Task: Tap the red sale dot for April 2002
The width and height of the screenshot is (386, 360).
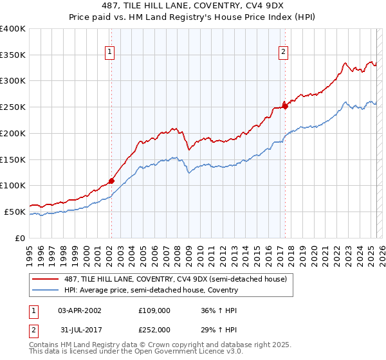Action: pyautogui.click(x=111, y=181)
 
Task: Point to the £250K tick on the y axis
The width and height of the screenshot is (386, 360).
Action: pyautogui.click(x=13, y=107)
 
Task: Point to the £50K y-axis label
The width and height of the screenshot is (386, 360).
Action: pyautogui.click(x=14, y=212)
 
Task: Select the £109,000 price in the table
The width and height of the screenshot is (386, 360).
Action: pyautogui.click(x=154, y=310)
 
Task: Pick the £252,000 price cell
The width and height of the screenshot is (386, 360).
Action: pyautogui.click(x=154, y=329)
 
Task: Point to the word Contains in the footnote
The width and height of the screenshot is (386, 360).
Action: pyautogui.click(x=44, y=345)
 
